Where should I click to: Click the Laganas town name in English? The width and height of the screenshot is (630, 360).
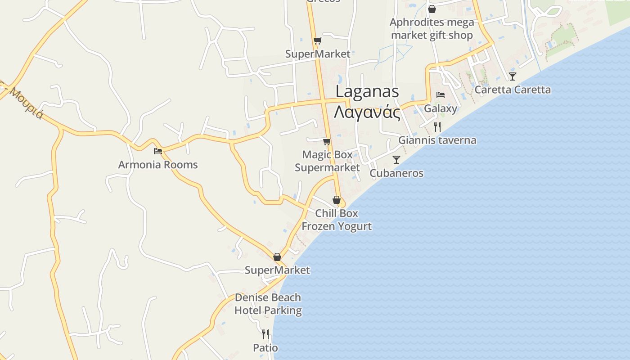(x=367, y=91)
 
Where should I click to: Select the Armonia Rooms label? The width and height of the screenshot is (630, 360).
(x=158, y=165)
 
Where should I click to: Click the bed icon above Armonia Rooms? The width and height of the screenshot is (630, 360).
(x=158, y=151)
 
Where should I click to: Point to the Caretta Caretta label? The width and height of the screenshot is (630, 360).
(x=513, y=90)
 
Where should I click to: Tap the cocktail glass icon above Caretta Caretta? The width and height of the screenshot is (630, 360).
(x=513, y=76)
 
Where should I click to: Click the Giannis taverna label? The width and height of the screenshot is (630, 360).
(x=437, y=140)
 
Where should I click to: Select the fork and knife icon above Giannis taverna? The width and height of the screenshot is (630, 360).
(x=437, y=126)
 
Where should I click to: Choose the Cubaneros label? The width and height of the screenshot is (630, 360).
(x=396, y=173)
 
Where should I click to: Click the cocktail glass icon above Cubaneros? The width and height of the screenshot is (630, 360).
(x=396, y=160)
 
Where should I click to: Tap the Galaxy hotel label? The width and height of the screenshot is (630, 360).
(x=441, y=108)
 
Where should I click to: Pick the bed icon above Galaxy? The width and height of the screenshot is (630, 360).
(x=441, y=95)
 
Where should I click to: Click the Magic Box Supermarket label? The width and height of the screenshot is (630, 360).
(x=327, y=161)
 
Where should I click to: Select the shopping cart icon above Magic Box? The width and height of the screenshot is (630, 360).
(x=327, y=141)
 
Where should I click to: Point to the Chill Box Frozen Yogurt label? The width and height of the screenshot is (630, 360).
(x=337, y=220)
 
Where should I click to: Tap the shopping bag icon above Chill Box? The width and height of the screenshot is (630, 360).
(x=337, y=200)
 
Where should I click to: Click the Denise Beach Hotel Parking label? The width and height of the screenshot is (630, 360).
(x=268, y=304)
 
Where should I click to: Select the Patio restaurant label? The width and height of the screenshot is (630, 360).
(x=265, y=348)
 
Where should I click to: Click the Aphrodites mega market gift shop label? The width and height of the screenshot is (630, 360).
(x=432, y=29)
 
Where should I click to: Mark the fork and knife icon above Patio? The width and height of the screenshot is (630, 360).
(x=265, y=334)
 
